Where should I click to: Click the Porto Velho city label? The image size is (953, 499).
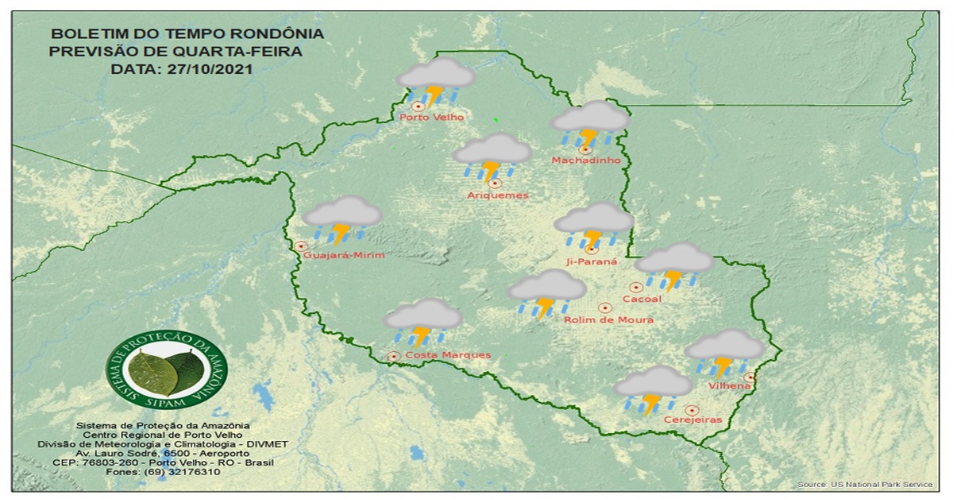[x=431, y=118]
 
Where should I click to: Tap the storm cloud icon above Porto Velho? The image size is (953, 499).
[x=435, y=81]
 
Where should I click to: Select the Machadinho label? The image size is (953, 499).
[x=585, y=161]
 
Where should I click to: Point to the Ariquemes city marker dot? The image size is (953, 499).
[x=494, y=184]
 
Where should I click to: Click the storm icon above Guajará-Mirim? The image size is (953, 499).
[x=342, y=219]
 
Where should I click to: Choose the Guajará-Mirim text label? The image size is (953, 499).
[x=344, y=255]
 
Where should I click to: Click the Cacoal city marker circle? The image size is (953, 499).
[x=636, y=288]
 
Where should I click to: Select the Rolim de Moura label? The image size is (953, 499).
[x=608, y=319]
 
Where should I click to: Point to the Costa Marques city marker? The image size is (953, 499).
[x=393, y=357]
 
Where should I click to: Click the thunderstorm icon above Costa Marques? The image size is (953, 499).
[x=422, y=321]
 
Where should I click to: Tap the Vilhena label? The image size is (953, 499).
[x=731, y=386]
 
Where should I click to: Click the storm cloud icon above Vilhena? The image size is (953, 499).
[x=723, y=353]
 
